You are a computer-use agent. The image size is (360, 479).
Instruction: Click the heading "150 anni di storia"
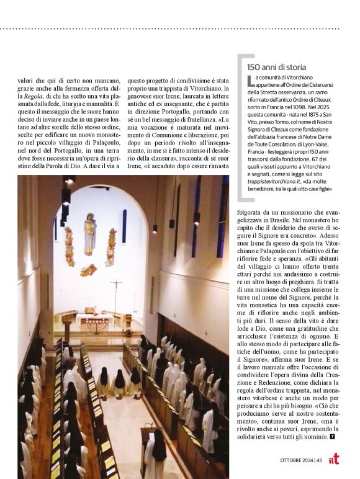(276, 66)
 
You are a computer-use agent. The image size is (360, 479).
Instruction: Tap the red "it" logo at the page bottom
(334, 459)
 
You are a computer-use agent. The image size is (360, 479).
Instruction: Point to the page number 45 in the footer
(318, 460)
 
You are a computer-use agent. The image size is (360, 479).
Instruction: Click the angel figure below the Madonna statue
(89, 270)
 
